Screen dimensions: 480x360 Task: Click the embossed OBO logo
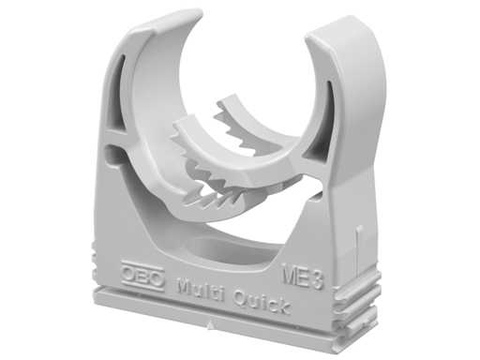pyautogui.click(x=142, y=276)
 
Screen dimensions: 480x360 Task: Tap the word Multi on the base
pyautogui.click(x=200, y=290)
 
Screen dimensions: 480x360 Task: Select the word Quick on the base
pyautogui.click(x=262, y=302)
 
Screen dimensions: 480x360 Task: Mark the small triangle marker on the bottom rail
pyautogui.click(x=211, y=325)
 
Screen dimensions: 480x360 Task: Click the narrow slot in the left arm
pyautogui.click(x=116, y=86)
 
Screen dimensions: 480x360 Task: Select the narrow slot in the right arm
pyautogui.click(x=330, y=103)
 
